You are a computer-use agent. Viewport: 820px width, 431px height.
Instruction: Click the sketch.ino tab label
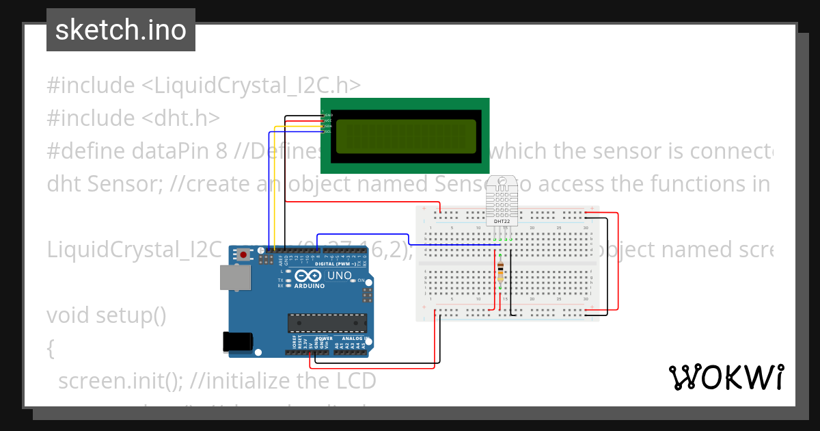[121, 30]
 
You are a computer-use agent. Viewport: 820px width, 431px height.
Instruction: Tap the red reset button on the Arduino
[243, 254]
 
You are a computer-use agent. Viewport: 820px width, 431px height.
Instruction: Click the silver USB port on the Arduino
[234, 277]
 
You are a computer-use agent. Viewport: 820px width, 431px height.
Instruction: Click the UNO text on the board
[340, 276]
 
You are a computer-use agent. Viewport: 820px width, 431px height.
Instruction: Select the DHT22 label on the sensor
[502, 221]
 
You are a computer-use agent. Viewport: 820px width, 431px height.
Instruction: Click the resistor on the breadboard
[502, 270]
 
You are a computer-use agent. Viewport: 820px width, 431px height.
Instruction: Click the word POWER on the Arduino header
[324, 338]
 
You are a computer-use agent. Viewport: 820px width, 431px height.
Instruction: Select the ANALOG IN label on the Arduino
[355, 338]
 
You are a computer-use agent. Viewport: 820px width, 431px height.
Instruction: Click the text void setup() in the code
[107, 315]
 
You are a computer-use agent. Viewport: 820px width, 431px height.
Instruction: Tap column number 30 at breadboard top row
[586, 227]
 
